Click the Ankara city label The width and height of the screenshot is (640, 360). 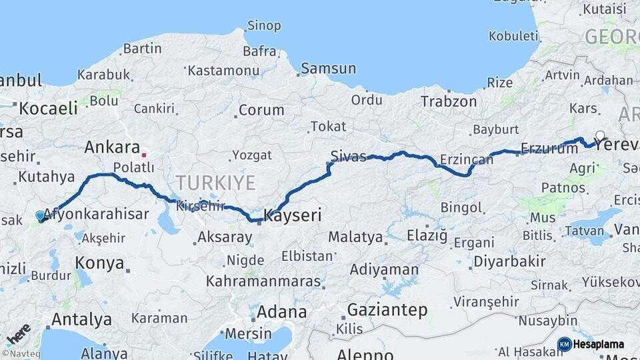[111, 148]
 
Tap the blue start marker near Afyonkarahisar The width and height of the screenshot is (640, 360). [41, 216]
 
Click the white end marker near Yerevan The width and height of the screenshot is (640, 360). [600, 136]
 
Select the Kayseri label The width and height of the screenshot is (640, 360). [293, 215]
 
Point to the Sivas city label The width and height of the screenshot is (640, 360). [348, 157]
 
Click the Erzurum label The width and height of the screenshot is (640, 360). [549, 148]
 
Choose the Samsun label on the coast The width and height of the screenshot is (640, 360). [326, 69]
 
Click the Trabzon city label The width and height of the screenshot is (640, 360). [448, 102]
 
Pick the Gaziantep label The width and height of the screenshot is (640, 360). [387, 309]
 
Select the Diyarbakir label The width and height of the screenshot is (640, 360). [509, 261]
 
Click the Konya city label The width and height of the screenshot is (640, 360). [99, 263]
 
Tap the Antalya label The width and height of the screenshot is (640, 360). [81, 319]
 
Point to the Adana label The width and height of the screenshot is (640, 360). [281, 312]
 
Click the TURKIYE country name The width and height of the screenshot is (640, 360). [215, 183]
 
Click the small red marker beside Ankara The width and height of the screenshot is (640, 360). [143, 155]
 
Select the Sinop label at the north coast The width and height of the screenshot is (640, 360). [264, 26]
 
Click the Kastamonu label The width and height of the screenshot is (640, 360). [223, 70]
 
